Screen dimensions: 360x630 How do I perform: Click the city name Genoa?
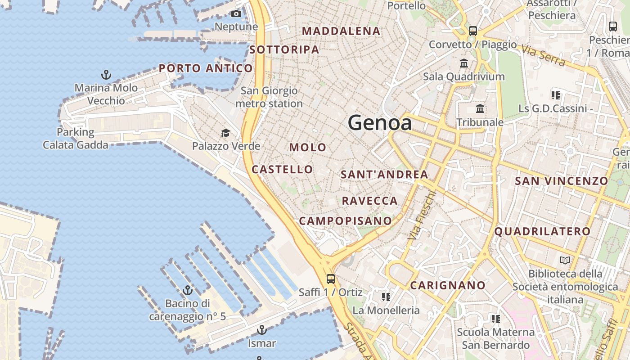(379, 123)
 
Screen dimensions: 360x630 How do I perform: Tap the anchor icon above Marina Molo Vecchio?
(106, 75)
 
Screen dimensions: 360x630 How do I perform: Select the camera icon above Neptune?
(236, 14)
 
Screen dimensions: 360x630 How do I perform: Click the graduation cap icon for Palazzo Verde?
(225, 133)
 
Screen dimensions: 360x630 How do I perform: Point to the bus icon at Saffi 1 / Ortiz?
(331, 279)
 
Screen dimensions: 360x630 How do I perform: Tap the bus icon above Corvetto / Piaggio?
(472, 31)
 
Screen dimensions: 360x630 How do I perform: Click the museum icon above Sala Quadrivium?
(464, 63)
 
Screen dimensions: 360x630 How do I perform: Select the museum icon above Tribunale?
(480, 109)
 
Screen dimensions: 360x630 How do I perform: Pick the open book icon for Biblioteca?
(565, 260)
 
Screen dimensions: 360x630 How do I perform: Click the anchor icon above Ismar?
(261, 330)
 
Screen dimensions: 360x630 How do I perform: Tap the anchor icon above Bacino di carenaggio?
(187, 290)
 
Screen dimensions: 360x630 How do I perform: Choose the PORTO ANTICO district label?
(206, 68)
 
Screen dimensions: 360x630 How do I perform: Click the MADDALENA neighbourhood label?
(341, 31)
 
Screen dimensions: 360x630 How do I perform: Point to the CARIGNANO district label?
(448, 285)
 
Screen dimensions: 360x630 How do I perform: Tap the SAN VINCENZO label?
(561, 181)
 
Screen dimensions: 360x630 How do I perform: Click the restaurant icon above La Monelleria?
(386, 297)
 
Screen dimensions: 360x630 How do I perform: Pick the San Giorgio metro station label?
(269, 97)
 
